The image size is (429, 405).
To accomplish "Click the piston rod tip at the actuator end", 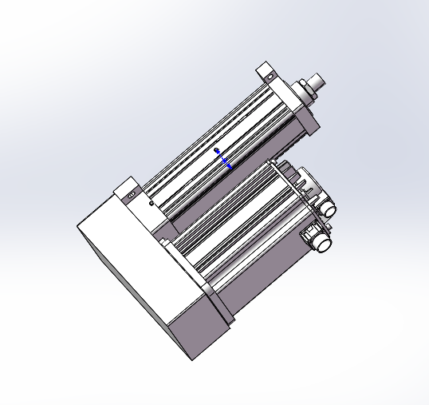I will click(x=319, y=80).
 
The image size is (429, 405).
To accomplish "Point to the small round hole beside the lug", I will click(x=152, y=202).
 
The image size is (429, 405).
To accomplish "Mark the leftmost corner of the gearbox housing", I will click(x=77, y=228).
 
